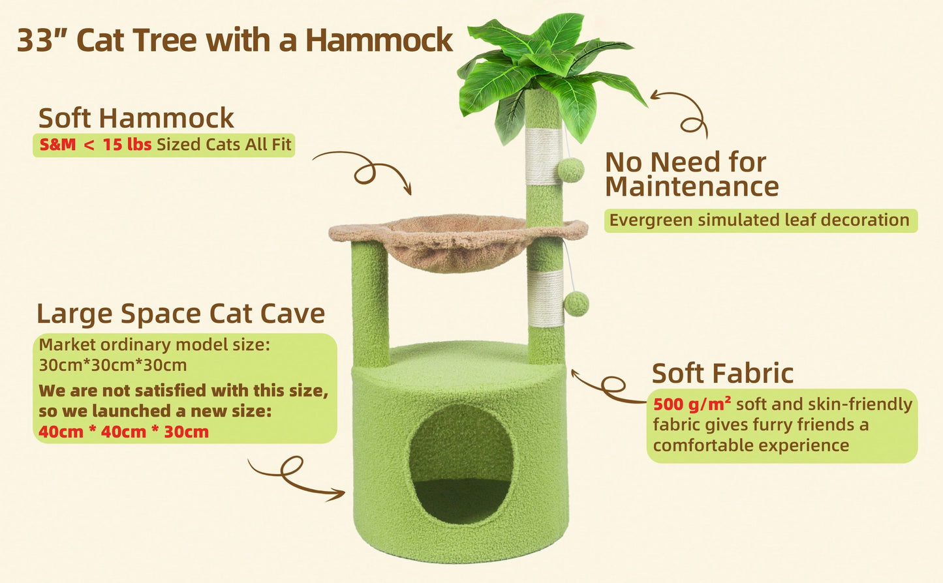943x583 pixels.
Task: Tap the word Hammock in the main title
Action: [x=379, y=40]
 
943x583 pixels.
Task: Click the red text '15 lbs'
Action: [x=127, y=145]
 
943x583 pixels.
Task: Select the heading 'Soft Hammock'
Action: [x=136, y=118]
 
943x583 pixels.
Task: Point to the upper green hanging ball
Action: [x=571, y=170]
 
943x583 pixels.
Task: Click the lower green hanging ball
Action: [x=576, y=304]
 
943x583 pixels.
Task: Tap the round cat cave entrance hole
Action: [x=461, y=464]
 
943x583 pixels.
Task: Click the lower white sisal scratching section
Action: [x=546, y=299]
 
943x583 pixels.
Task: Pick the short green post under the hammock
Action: [x=370, y=305]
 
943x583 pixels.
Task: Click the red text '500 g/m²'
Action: [x=692, y=404]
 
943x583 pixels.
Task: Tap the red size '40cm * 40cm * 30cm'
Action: [x=123, y=432]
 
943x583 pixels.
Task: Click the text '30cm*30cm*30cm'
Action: [x=112, y=365]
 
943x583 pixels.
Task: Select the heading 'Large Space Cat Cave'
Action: [x=181, y=314]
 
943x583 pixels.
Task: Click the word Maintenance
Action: [x=692, y=187]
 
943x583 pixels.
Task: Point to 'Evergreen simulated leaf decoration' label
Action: [x=761, y=220]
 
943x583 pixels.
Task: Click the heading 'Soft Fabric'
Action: [x=722, y=374]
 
